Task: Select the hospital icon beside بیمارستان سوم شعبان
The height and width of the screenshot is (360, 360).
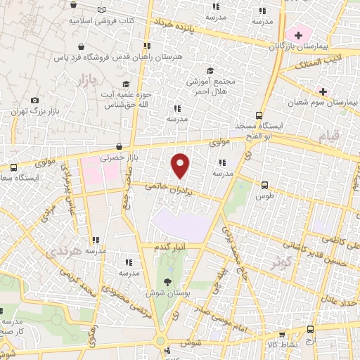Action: (x=323, y=92)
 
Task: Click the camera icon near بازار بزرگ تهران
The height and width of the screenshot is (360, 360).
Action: (x=34, y=101)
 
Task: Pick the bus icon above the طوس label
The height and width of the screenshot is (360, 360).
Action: (x=264, y=186)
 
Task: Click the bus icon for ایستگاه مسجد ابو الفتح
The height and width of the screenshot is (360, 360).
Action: (x=259, y=115)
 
